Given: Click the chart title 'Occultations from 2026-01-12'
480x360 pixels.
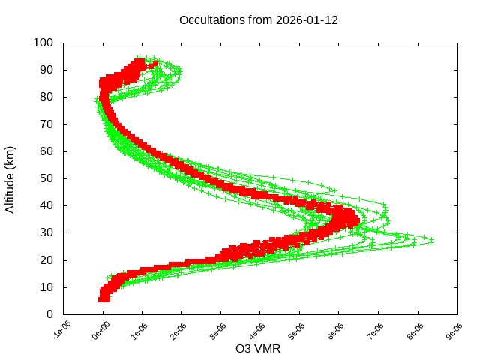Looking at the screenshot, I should [x=259, y=20].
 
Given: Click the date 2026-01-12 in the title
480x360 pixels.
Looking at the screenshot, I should [x=308, y=20].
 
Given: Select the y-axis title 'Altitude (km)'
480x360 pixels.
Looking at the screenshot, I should [x=10, y=178].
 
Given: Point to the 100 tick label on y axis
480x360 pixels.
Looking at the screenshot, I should [x=43, y=43].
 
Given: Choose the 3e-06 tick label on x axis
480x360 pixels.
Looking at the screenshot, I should [x=219, y=330].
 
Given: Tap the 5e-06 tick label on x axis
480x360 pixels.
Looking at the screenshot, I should [x=298, y=330].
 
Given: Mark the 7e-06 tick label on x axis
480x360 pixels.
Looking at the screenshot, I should [x=376, y=330].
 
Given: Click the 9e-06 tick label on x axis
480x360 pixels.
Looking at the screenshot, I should [x=454, y=330].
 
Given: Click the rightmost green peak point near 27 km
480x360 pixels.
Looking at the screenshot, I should [x=431, y=241].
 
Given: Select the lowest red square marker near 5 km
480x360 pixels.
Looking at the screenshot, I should [x=104, y=298].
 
